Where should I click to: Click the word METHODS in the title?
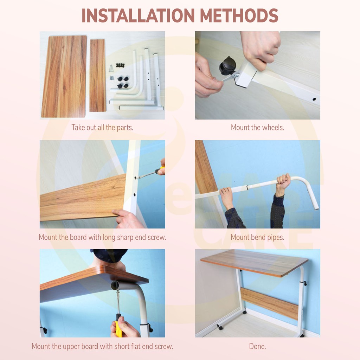239,15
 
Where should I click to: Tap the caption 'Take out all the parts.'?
102,127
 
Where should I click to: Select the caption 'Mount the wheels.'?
257,127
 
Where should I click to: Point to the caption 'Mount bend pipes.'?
257,237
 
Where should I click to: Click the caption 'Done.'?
257,346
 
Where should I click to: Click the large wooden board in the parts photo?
64,76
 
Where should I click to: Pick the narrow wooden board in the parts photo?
98,76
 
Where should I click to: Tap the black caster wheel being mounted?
226,66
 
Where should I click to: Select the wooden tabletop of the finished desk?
255,263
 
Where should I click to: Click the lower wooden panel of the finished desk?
269,303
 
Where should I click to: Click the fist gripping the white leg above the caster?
261,49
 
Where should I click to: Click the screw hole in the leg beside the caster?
314,99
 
